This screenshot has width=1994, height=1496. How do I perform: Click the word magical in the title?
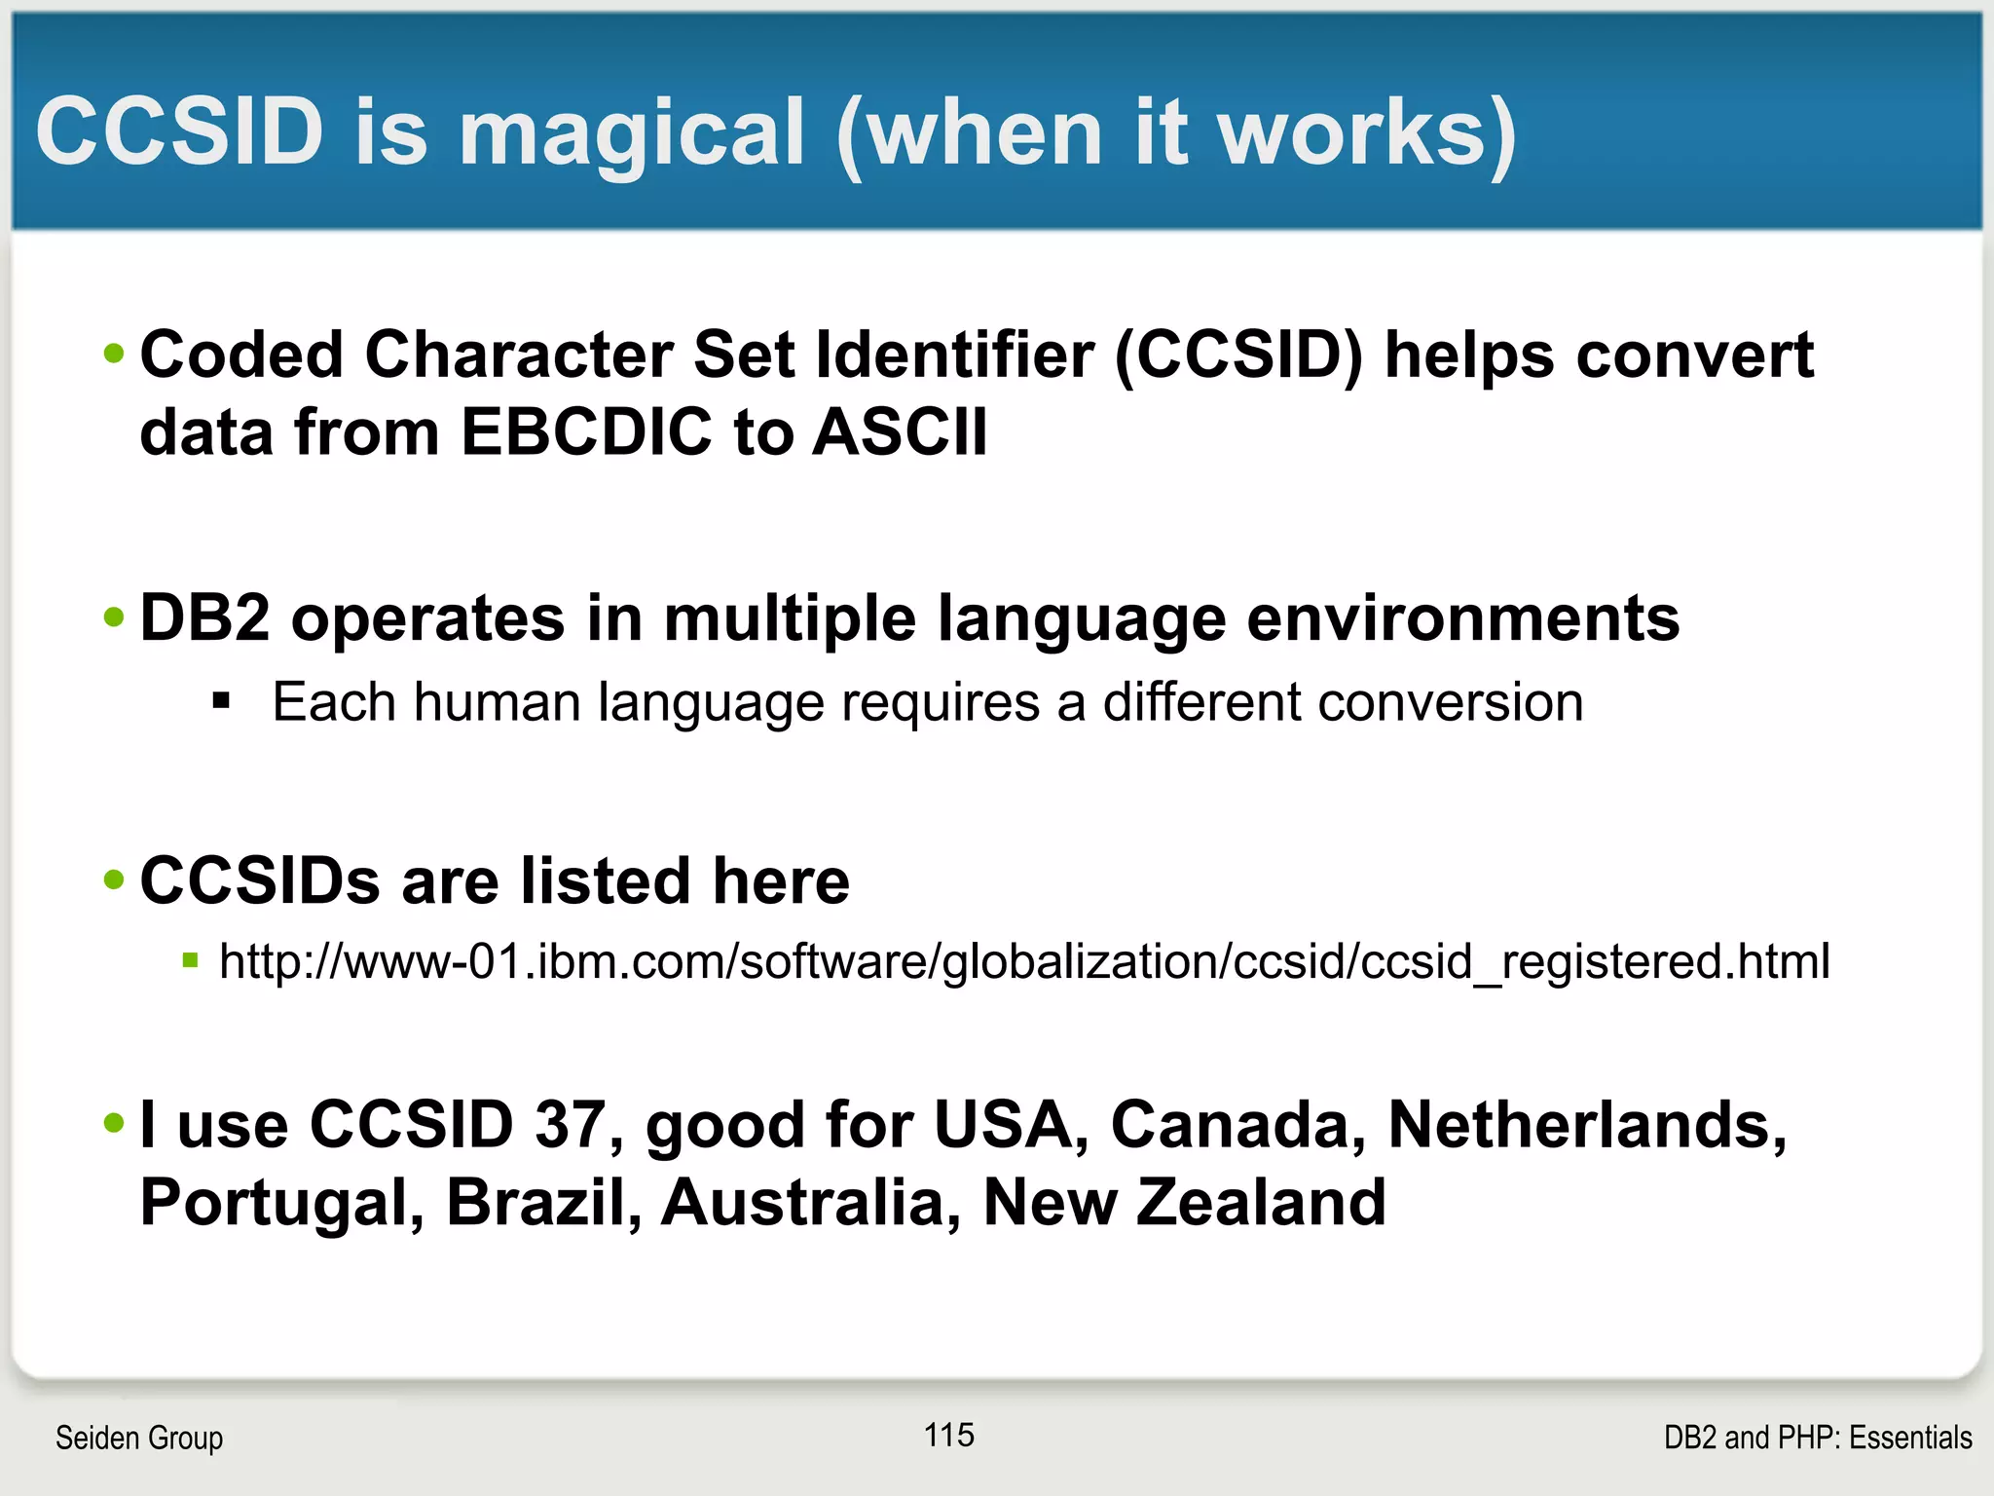(631, 133)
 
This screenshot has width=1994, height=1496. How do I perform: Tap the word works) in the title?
(1367, 133)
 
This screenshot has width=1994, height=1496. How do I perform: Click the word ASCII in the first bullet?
(900, 431)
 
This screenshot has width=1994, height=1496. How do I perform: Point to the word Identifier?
(954, 355)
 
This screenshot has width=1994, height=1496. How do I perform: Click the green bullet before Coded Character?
(115, 354)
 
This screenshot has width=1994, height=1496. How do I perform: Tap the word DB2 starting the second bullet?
(204, 618)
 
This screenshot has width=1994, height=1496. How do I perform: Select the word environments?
(1462, 618)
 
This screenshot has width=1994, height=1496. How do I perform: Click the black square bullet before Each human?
(222, 700)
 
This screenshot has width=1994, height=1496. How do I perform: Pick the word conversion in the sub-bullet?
(1450, 702)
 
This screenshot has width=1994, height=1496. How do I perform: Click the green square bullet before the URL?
(191, 961)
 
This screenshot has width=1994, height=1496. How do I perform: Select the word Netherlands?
(1586, 1125)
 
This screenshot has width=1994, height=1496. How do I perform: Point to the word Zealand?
(1261, 1203)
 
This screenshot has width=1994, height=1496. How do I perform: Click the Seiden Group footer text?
(139, 1438)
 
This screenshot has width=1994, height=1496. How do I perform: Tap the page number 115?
(949, 1435)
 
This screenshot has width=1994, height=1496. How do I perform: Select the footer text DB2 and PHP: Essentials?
(1817, 1438)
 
